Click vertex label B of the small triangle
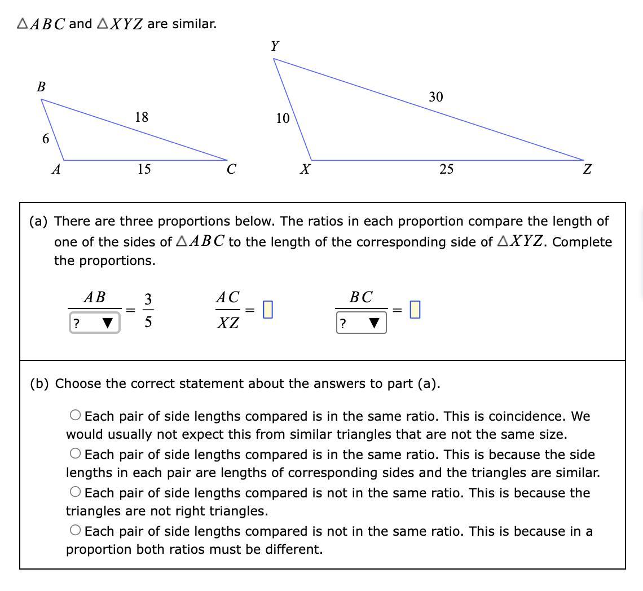click(41, 87)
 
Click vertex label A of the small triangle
click(56, 169)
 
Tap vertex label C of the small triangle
click(231, 169)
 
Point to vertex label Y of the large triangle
click(275, 46)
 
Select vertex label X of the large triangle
click(305, 169)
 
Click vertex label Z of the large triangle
click(587, 169)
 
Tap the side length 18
click(141, 117)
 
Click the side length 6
click(45, 139)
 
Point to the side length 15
click(144, 169)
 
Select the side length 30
click(435, 97)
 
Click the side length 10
click(283, 118)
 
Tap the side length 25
click(446, 169)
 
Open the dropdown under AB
click(94, 323)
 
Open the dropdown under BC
click(361, 324)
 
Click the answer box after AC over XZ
click(268, 310)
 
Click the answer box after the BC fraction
click(415, 310)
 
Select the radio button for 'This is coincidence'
click(76, 416)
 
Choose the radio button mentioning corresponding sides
click(76, 453)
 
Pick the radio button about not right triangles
click(76, 492)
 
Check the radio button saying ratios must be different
click(76, 530)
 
